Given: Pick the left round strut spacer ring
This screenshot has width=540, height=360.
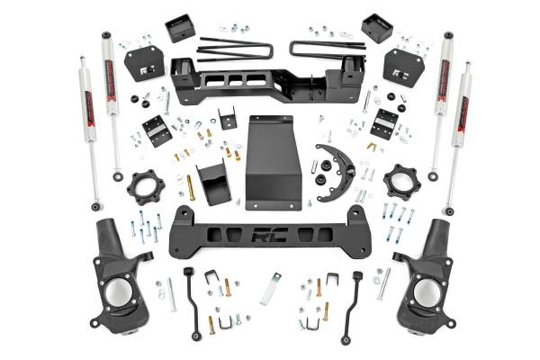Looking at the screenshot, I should click(x=144, y=187).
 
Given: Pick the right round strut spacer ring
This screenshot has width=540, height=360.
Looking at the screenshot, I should click(x=400, y=182).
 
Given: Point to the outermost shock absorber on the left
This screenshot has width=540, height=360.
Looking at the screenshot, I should click(x=88, y=135).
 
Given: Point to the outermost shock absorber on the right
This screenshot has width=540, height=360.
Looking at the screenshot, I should click(x=459, y=135).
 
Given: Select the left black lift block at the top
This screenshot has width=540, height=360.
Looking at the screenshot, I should click(x=180, y=28).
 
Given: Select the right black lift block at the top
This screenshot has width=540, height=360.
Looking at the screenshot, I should click(x=375, y=28).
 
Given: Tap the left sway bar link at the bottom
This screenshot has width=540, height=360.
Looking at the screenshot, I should click(x=193, y=302).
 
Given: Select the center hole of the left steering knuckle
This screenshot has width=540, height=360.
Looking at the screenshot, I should click(x=119, y=293).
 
